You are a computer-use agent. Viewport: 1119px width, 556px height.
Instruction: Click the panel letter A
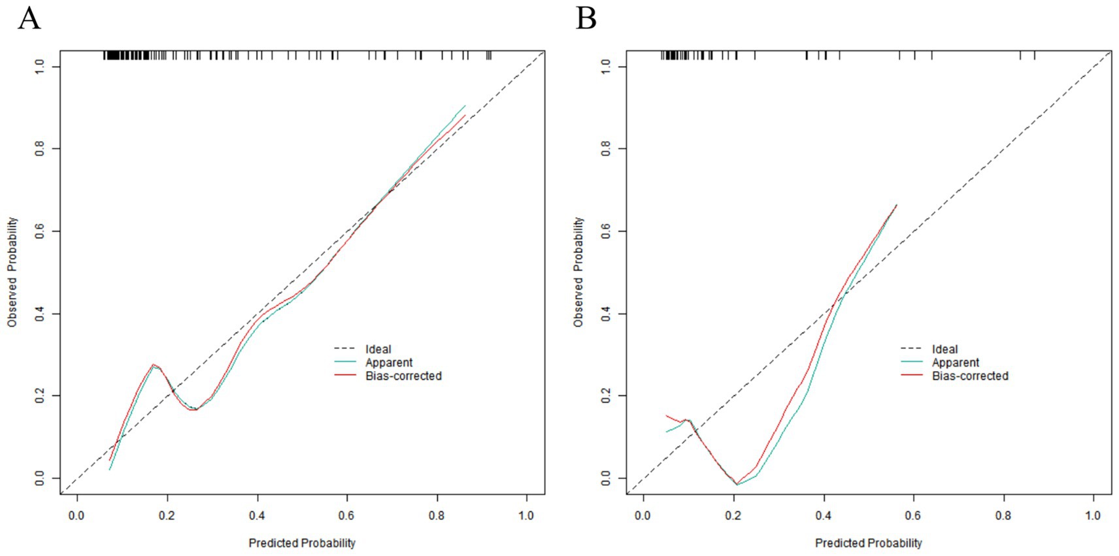tap(29, 18)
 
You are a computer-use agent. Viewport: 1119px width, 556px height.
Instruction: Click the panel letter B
tap(586, 18)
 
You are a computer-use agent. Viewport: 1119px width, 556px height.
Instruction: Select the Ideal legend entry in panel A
tap(378, 350)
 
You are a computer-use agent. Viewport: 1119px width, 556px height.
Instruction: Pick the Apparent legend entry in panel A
tap(389, 363)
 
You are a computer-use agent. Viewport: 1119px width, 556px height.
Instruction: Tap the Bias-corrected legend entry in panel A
tap(403, 376)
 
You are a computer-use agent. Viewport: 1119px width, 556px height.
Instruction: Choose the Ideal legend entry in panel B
tap(944, 350)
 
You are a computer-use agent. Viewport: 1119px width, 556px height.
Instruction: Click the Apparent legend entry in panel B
tap(956, 363)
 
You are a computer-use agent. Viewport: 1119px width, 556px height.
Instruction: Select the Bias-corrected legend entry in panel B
tap(970, 376)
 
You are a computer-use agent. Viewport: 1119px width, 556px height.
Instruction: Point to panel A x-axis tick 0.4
tap(257, 515)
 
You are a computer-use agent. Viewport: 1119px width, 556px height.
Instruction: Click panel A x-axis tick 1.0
tap(526, 515)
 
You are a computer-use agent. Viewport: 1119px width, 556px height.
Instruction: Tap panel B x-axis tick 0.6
tap(913, 515)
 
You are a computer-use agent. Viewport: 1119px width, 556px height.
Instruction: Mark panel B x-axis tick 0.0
tap(643, 515)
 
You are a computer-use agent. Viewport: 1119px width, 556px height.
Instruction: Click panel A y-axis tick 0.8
tap(40, 149)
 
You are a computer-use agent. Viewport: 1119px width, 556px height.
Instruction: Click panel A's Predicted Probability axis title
tap(302, 543)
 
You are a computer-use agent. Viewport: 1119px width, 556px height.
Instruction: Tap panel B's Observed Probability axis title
tap(578, 272)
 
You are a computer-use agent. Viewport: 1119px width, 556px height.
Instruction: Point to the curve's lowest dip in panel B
tap(737, 484)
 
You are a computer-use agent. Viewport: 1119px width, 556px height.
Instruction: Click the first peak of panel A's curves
tap(154, 365)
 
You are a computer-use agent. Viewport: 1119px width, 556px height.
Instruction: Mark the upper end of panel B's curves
tap(896, 205)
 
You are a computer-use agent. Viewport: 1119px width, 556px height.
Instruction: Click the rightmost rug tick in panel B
tap(1034, 56)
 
